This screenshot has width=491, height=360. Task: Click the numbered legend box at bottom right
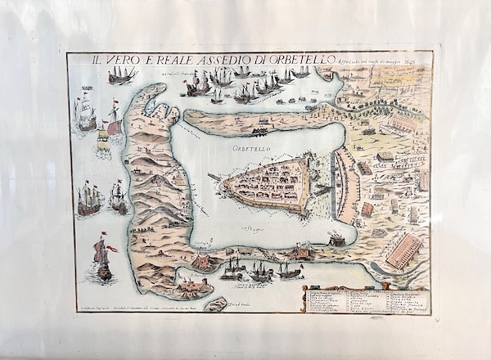pos(366,298)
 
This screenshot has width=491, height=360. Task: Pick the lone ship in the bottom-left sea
pos(102,259)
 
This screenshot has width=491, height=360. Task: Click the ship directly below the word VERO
pos(121,76)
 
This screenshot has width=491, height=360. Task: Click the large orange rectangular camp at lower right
pos(404,251)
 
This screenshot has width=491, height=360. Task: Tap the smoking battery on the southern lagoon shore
pos(336,239)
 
